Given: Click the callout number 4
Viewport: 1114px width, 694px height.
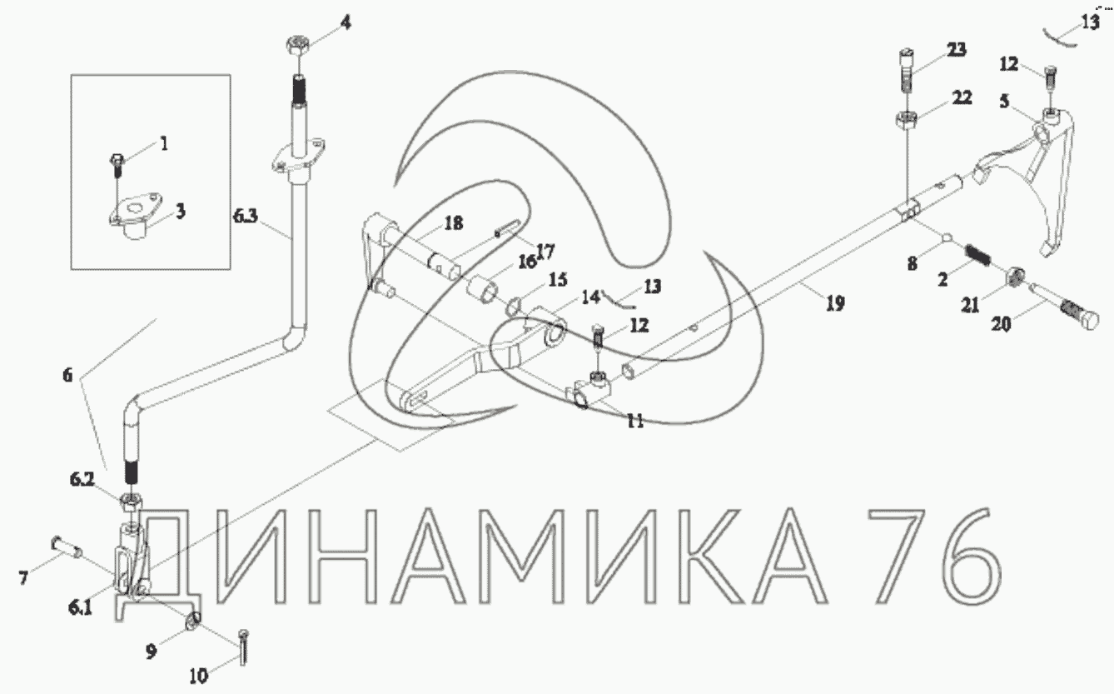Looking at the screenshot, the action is coord(345,22).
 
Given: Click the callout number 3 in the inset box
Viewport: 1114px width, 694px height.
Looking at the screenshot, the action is coord(180,212).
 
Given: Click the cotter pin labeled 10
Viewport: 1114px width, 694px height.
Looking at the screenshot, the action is coord(241,647).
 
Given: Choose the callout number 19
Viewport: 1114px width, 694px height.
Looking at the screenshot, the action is coord(834,304).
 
